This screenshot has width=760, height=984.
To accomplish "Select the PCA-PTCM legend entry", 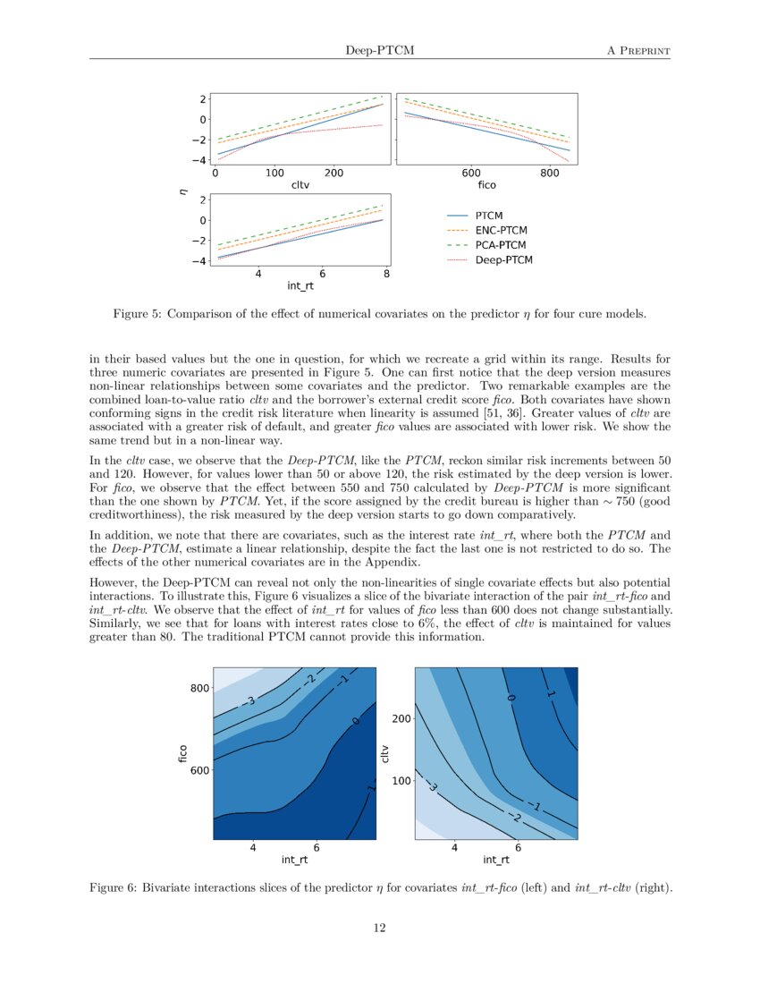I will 500,245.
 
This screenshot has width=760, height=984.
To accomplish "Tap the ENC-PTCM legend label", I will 501,230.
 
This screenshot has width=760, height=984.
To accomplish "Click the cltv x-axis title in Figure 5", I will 300,185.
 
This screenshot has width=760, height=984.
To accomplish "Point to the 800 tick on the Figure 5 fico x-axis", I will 551,174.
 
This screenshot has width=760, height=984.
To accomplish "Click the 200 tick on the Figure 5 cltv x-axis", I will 333,174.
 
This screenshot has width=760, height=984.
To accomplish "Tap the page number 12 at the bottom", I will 379,928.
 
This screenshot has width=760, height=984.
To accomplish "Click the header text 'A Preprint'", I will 638,50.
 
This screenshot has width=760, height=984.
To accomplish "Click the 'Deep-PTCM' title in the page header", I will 379,50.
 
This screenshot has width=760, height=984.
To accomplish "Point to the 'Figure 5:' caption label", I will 137,314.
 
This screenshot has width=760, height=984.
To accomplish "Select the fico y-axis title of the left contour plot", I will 182,753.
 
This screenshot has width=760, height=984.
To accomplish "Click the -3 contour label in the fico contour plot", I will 250,700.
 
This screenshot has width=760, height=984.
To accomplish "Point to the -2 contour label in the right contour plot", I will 514,819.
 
